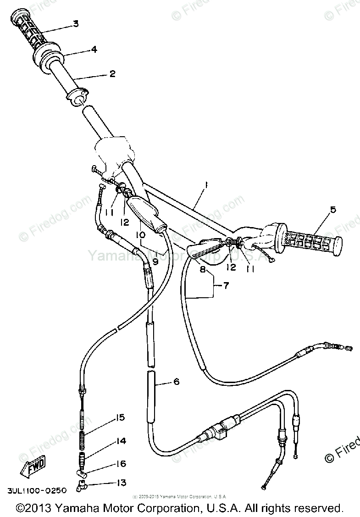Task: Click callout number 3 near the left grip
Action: (x=75, y=24)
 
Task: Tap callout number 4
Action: (x=94, y=49)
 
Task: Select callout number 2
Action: (x=112, y=73)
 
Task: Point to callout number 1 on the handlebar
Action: (x=206, y=185)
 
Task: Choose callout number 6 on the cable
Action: (x=177, y=382)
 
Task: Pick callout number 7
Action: (x=225, y=286)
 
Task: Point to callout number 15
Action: (x=120, y=417)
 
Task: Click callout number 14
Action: (x=121, y=441)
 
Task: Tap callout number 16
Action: (x=121, y=464)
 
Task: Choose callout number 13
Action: (x=121, y=483)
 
